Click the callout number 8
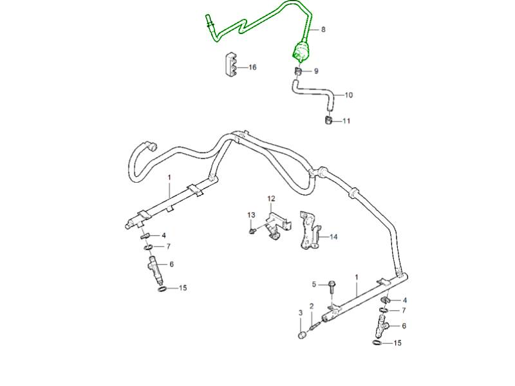click(x=323, y=30)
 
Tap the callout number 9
click(x=316, y=71)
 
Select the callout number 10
click(x=348, y=95)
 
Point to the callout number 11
click(x=346, y=121)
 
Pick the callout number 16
click(x=252, y=68)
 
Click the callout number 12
click(x=271, y=198)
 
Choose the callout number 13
click(x=252, y=214)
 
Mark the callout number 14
click(x=333, y=237)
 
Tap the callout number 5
click(x=315, y=284)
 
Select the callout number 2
click(x=312, y=306)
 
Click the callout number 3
click(x=300, y=313)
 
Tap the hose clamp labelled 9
click(x=300, y=70)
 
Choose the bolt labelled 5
click(x=332, y=287)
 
